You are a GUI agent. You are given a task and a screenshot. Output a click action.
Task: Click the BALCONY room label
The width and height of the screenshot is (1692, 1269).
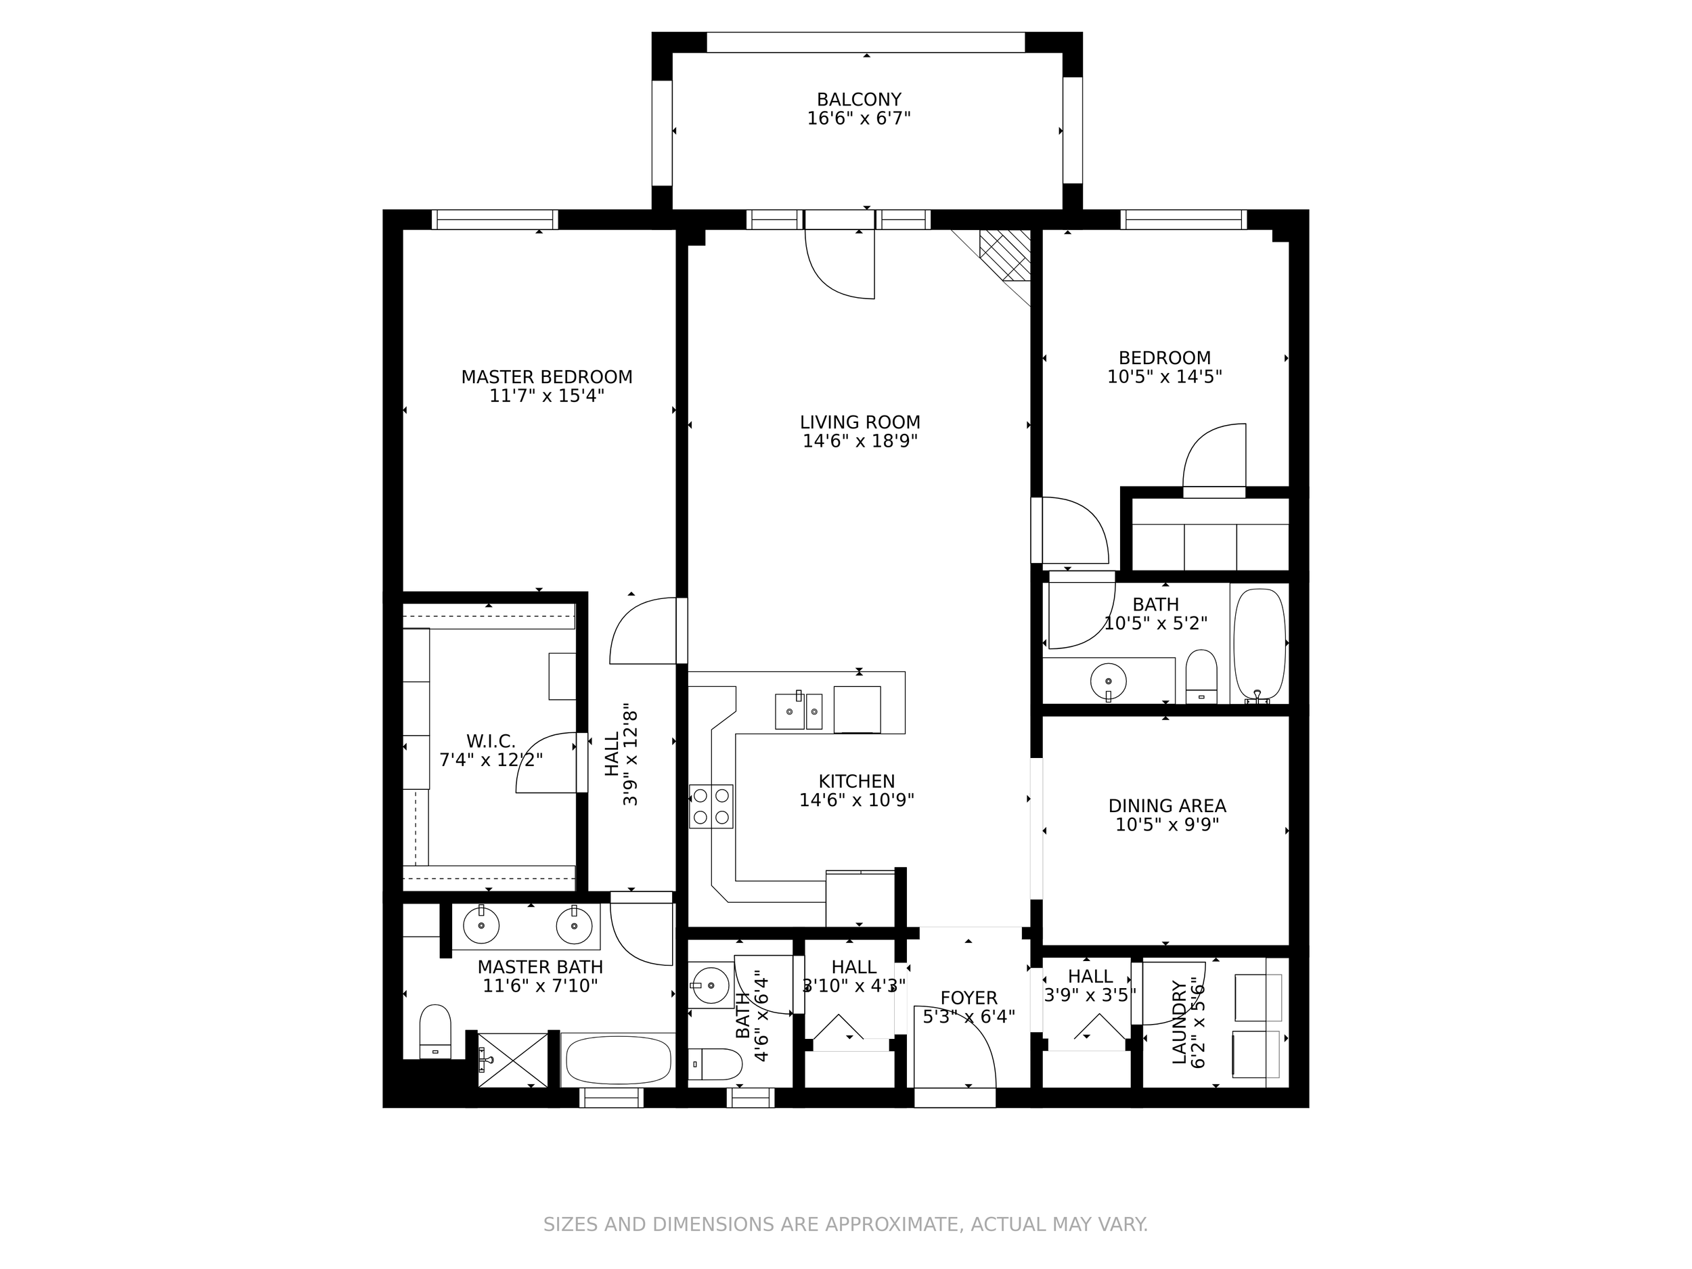click(858, 99)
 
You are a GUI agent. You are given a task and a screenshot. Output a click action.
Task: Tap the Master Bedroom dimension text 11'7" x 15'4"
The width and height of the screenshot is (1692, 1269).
click(546, 396)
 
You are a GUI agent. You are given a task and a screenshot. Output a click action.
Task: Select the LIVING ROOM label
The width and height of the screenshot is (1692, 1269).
click(860, 422)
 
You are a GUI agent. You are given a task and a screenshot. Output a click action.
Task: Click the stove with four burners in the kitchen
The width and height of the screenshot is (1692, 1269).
click(711, 806)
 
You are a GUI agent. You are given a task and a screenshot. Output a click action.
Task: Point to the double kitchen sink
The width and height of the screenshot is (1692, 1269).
click(798, 711)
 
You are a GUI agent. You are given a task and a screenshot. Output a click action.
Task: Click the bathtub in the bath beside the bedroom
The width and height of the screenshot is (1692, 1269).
click(1259, 644)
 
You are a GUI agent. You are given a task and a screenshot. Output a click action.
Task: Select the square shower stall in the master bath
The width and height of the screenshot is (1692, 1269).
click(512, 1060)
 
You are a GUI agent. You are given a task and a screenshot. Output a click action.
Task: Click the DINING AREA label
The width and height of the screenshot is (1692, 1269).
click(1167, 805)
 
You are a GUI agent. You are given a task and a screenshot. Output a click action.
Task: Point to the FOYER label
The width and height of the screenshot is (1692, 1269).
click(969, 998)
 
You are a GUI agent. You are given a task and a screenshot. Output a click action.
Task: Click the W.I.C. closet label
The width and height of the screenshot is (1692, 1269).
click(490, 741)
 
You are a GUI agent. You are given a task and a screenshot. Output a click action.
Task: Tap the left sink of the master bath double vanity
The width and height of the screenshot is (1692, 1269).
click(481, 927)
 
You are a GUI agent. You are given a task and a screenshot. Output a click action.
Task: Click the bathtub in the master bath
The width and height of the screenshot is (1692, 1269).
click(618, 1060)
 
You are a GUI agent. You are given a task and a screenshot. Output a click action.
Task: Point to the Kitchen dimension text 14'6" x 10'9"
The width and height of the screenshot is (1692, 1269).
click(856, 800)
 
